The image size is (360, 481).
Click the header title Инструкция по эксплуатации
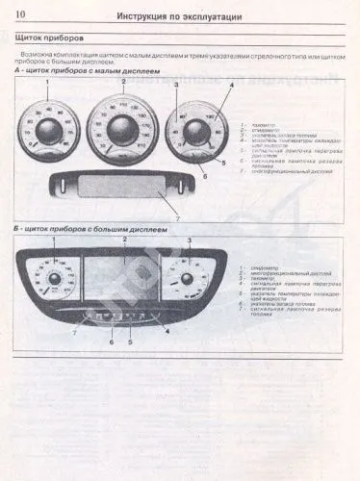click(178, 16)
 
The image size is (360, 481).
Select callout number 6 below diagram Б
click(113, 343)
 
